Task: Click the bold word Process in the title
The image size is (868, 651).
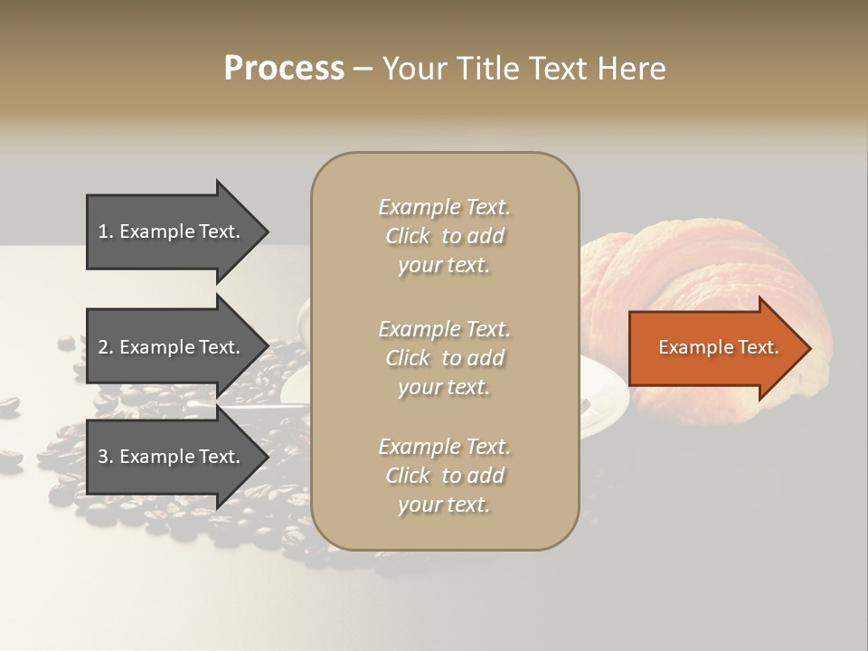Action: (x=284, y=69)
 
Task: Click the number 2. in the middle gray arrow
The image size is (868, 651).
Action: (x=106, y=347)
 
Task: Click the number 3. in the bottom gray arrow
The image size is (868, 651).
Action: (x=106, y=457)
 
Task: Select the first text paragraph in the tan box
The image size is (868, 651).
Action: (x=444, y=236)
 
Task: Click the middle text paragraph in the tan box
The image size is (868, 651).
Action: (x=444, y=358)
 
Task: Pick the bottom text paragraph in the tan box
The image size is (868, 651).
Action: (x=444, y=476)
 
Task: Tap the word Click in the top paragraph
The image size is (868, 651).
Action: (x=408, y=236)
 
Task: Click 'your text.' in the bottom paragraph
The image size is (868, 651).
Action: (x=444, y=505)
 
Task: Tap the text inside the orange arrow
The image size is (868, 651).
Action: (x=718, y=348)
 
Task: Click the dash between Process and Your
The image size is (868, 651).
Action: (x=363, y=69)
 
